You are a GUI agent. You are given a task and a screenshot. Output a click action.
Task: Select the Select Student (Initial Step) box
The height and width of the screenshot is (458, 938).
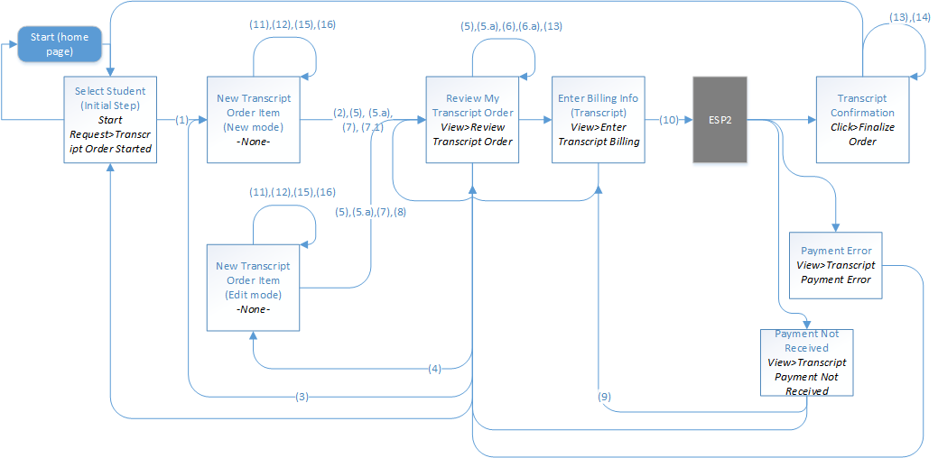(x=109, y=119)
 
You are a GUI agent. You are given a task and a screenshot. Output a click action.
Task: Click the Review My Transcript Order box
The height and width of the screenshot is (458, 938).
(x=472, y=119)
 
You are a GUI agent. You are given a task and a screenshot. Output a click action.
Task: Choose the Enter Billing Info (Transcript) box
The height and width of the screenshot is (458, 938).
(x=599, y=119)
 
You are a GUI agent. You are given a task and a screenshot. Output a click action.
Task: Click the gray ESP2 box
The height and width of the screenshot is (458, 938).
(x=720, y=119)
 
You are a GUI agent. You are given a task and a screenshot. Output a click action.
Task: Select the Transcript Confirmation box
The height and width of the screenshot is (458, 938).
(x=861, y=119)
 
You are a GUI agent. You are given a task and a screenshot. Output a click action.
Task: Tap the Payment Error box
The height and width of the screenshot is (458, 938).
(x=835, y=265)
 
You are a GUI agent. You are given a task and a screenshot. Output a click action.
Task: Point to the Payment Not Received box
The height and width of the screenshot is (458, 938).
(x=806, y=362)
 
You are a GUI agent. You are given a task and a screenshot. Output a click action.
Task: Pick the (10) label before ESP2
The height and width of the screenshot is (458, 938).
(x=669, y=120)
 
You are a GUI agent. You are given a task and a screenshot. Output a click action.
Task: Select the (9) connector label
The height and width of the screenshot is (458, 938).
(x=604, y=396)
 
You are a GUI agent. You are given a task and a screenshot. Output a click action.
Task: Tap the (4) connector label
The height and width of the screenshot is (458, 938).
(x=434, y=368)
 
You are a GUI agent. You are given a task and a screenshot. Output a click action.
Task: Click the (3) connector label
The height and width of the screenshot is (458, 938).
(x=302, y=396)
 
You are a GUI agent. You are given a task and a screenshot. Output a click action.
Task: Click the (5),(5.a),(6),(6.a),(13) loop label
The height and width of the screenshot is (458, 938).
(x=511, y=26)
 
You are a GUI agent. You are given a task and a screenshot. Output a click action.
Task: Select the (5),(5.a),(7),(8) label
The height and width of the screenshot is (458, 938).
(x=370, y=213)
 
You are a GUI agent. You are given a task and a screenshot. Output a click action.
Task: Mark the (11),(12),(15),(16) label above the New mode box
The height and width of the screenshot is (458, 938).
(x=292, y=24)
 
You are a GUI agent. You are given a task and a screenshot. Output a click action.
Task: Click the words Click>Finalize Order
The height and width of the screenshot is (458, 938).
(x=861, y=134)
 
